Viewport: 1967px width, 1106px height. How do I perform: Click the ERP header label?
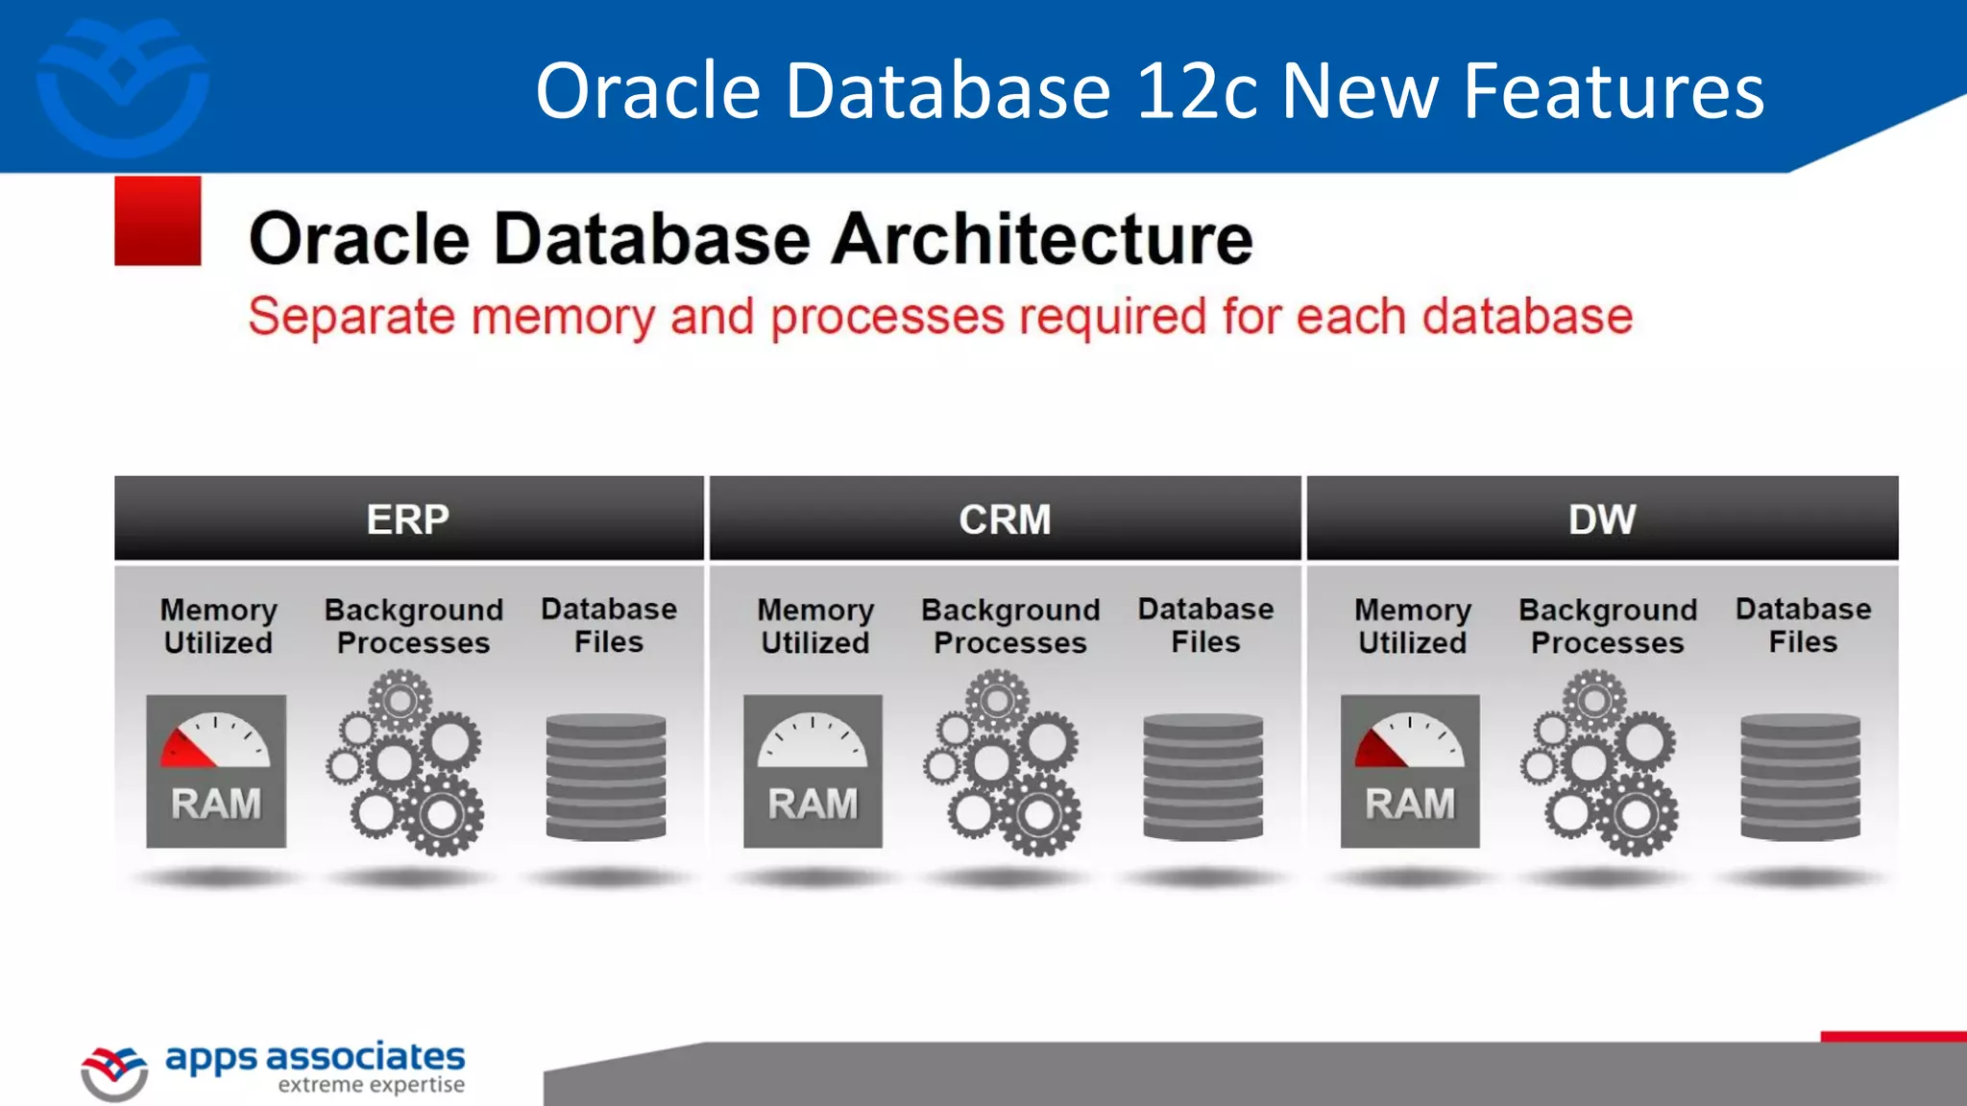point(407,519)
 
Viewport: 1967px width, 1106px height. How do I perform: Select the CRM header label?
point(1005,519)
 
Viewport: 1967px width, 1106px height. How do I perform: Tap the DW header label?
point(1601,519)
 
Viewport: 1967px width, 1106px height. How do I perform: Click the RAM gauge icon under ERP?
point(216,771)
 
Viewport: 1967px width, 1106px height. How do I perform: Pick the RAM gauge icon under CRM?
point(813,771)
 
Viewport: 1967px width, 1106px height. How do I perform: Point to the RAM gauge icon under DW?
point(1410,771)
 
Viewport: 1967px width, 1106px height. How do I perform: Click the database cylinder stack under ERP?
point(606,777)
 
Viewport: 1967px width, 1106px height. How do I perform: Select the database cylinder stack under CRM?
point(1203,777)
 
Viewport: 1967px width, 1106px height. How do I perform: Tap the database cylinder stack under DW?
point(1801,777)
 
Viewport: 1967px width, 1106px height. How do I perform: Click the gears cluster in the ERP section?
point(406,764)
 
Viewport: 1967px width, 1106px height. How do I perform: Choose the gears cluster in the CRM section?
point(1004,764)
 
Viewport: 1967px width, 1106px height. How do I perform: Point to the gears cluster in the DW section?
point(1600,764)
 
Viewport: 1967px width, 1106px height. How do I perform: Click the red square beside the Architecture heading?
point(158,221)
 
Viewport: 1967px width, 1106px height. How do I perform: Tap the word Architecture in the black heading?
point(1042,239)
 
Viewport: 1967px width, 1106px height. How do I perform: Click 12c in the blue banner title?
point(1196,91)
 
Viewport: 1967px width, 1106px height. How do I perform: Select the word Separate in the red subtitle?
point(352,317)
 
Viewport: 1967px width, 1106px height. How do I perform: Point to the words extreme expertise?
point(371,1085)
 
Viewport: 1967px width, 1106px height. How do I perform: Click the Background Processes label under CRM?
point(1010,626)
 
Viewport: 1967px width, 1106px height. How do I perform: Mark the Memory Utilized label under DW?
point(1412,626)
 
